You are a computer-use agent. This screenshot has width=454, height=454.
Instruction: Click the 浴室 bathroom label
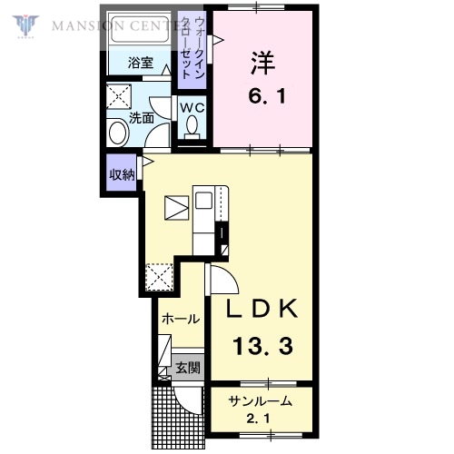pyautogui.click(x=141, y=63)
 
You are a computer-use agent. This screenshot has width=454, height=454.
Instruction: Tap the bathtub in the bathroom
pyautogui.click(x=139, y=29)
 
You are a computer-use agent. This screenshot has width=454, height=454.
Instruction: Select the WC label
pyautogui.click(x=192, y=108)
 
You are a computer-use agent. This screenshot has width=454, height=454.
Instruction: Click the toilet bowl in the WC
pyautogui.click(x=192, y=126)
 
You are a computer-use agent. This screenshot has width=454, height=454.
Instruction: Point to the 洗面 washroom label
pyautogui.click(x=142, y=118)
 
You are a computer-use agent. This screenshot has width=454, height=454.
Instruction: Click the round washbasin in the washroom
pyautogui.click(x=119, y=133)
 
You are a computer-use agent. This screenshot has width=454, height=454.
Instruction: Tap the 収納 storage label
pyautogui.click(x=122, y=174)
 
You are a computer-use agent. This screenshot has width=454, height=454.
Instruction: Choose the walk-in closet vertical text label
pyautogui.click(x=192, y=48)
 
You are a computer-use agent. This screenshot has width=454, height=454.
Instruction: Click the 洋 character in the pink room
pyautogui.click(x=262, y=64)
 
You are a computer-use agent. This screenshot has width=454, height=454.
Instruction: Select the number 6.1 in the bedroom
pyautogui.click(x=267, y=97)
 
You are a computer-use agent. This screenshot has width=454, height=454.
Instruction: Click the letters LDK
pyautogui.click(x=262, y=309)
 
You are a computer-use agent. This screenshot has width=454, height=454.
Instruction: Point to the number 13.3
pyautogui.click(x=262, y=346)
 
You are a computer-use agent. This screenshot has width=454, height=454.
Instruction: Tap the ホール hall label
pyautogui.click(x=181, y=320)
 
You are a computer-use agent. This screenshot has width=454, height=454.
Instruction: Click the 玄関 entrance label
pyautogui.click(x=188, y=368)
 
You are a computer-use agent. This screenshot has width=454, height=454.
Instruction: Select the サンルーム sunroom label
pyautogui.click(x=261, y=401)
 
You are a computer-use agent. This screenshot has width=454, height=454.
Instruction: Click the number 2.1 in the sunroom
pyautogui.click(x=258, y=419)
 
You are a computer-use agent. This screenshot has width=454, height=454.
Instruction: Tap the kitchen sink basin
pyautogui.click(x=203, y=201)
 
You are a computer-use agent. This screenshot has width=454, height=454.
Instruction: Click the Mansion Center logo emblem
pyautogui.click(x=25, y=26)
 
